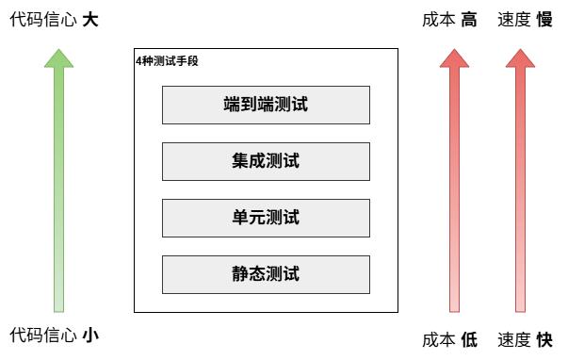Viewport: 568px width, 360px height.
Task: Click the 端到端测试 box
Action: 266,105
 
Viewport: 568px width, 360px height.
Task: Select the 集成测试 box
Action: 266,161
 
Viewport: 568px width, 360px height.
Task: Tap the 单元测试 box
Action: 266,218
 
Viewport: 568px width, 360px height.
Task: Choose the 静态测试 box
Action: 266,274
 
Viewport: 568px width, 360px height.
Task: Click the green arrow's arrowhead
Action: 58,58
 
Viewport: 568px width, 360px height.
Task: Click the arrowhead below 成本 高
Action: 454,58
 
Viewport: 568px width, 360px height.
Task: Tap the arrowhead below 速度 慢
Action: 520,58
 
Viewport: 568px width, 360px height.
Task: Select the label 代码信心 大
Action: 54,20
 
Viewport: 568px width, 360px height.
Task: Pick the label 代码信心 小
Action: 54,335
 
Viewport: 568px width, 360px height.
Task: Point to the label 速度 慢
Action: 525,20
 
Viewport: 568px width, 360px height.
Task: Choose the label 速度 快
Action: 525,339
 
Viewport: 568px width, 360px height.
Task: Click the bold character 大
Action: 90,20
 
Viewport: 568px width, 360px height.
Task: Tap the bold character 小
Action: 90,335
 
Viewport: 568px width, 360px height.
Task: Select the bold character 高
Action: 469,20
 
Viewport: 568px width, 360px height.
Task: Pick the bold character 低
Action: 469,339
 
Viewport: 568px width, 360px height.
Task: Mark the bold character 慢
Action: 544,20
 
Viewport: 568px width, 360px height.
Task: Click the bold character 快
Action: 544,339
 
